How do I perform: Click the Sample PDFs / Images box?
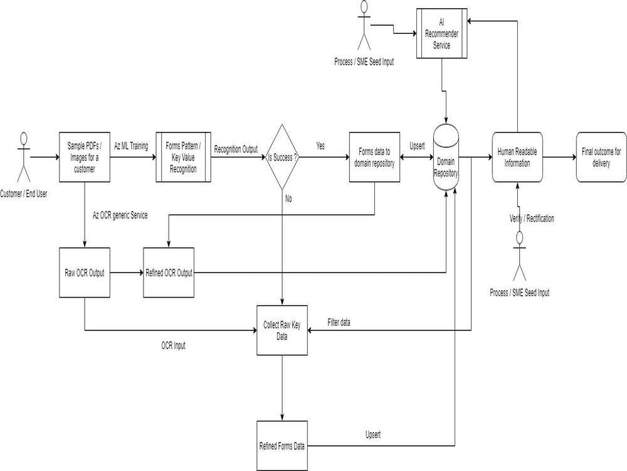pyautogui.click(x=84, y=157)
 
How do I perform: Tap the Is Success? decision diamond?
pyautogui.click(x=282, y=157)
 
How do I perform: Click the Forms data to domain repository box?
pyautogui.click(x=374, y=157)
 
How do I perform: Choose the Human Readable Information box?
pyautogui.click(x=517, y=157)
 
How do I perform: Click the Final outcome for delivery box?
pyautogui.click(x=600, y=157)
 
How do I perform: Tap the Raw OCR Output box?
pyautogui.click(x=84, y=273)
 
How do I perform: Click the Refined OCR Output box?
pyautogui.click(x=169, y=273)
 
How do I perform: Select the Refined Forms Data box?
pyautogui.click(x=282, y=446)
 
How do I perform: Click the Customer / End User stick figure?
pyautogui.click(x=24, y=157)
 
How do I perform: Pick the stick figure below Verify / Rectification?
pyautogui.click(x=519, y=256)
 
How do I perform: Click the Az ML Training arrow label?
pyautogui.click(x=131, y=146)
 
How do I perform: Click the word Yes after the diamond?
pyautogui.click(x=320, y=146)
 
